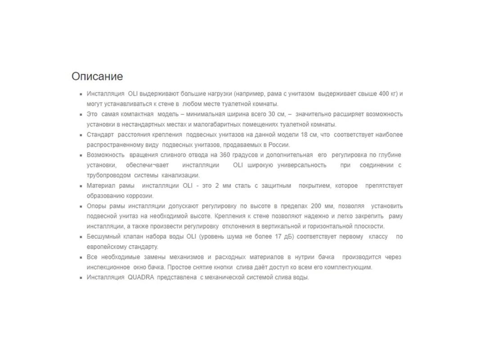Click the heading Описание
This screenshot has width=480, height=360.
pos(97,76)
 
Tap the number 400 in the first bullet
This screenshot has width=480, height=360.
pos(383,94)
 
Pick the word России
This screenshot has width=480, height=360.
pos(279,145)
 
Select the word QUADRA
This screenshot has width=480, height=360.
pos(141,277)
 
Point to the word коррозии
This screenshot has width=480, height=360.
pos(140,196)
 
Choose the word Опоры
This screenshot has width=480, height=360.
pos(96,206)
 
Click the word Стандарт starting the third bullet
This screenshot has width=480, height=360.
pos(100,135)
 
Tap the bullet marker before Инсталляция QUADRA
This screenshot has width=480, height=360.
pos(81,278)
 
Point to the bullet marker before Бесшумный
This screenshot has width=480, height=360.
pos(81,237)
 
